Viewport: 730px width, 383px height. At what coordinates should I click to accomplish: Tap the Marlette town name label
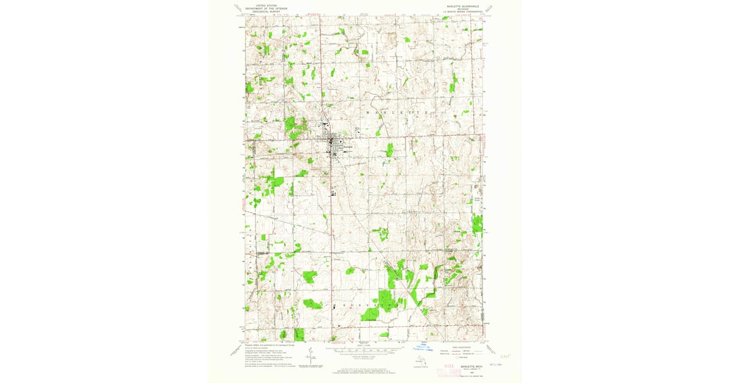point(347,147)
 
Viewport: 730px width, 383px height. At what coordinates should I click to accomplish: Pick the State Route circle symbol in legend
point(456,357)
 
